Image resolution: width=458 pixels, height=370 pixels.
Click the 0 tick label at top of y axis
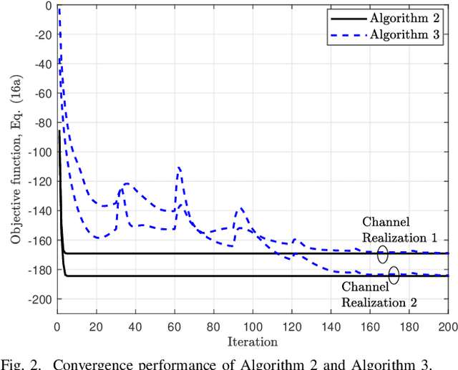[x=47, y=6]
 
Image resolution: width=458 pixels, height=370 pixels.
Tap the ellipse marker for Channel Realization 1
[x=383, y=253]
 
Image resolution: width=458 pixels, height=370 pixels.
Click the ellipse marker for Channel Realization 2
[x=394, y=276]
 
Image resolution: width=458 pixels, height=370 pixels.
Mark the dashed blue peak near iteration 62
[x=179, y=167]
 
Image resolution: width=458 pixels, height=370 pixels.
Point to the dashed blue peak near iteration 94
[x=241, y=208]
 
